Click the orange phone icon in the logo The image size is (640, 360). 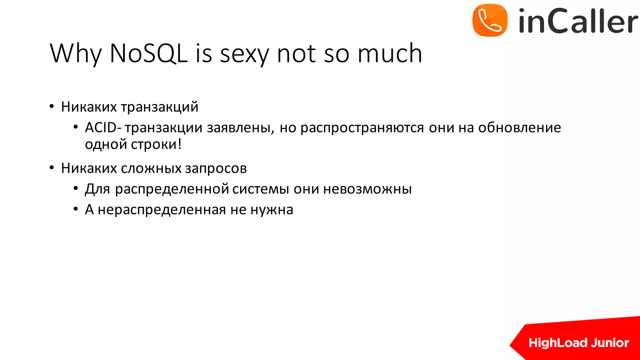click(490, 20)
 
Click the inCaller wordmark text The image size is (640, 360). click(578, 21)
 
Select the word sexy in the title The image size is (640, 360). click(244, 54)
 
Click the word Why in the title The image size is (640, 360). click(76, 54)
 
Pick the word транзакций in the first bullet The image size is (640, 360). click(159, 107)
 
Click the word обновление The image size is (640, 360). click(519, 127)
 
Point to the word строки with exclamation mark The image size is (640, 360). click(156, 144)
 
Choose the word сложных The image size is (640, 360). click(151, 168)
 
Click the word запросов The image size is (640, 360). click(216, 168)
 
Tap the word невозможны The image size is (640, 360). click(367, 189)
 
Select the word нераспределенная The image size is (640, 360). click(162, 210)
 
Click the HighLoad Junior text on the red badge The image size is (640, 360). click(578, 343)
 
